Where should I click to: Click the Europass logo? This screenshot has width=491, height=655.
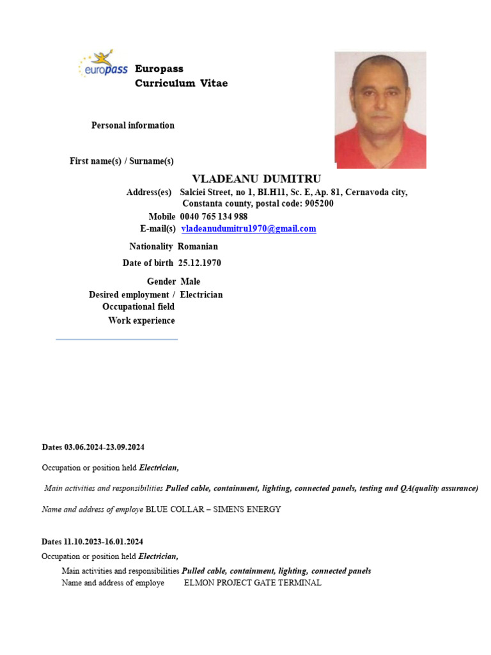[102, 65]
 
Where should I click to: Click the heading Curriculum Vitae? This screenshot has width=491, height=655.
[181, 83]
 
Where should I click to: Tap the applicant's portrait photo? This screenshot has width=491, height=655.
[380, 110]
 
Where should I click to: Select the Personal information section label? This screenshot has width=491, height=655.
[132, 125]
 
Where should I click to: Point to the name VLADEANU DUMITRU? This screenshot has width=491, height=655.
[256, 178]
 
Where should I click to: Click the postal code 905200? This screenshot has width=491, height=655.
[315, 203]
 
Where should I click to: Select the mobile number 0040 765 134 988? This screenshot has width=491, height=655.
[214, 216]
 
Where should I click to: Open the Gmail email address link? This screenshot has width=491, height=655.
[249, 228]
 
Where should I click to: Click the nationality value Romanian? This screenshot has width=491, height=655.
[198, 246]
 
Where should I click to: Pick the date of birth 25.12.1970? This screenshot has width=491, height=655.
[199, 263]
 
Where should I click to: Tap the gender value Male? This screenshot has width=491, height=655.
[190, 281]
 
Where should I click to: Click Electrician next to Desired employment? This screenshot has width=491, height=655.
[201, 295]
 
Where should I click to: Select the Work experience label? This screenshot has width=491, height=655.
[141, 320]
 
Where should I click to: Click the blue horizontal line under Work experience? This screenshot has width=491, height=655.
[116, 339]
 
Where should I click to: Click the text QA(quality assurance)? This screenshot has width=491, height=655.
[439, 488]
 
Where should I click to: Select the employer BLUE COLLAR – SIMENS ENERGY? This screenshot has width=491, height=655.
[213, 509]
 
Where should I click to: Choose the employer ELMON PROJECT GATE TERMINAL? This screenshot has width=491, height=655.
[253, 583]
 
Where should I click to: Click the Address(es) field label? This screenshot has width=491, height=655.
[149, 193]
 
